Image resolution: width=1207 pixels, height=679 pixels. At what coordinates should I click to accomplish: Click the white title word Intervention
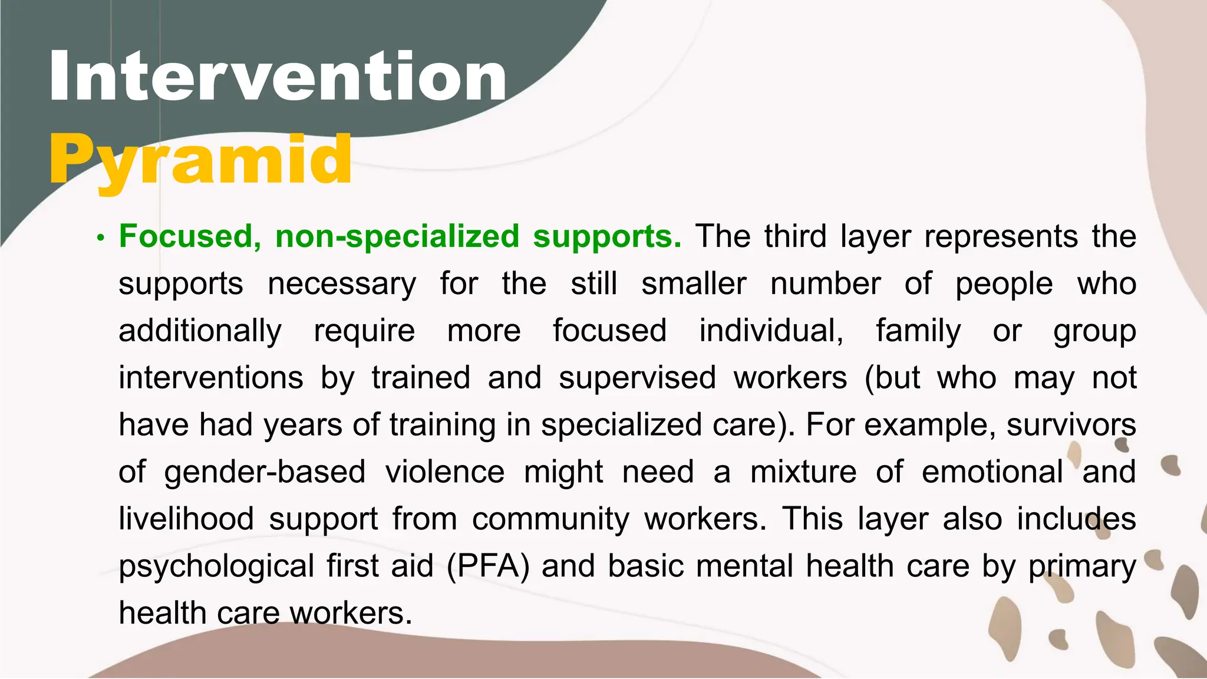pyautogui.click(x=278, y=77)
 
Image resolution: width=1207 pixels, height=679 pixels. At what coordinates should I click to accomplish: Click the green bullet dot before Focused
pyautogui.click(x=101, y=238)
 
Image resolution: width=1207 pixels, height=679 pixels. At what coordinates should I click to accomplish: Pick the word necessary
pyautogui.click(x=342, y=284)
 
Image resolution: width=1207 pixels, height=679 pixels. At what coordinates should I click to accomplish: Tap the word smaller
pyautogui.click(x=694, y=284)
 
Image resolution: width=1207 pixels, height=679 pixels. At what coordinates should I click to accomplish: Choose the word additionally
pyautogui.click(x=200, y=331)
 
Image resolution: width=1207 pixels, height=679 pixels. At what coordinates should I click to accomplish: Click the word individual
pyautogui.click(x=771, y=331)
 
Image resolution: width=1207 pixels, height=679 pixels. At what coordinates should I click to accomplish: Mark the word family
pyautogui.click(x=918, y=331)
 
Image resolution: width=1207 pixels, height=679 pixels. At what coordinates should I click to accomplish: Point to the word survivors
pyautogui.click(x=1071, y=424)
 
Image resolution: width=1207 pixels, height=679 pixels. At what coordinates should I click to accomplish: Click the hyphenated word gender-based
pyautogui.click(x=265, y=472)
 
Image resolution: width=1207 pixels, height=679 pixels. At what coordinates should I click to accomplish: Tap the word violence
pyautogui.click(x=445, y=472)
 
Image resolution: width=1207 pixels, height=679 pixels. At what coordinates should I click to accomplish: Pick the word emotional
pyautogui.click(x=992, y=472)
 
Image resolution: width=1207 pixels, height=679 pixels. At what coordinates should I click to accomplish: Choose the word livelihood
pyautogui.click(x=186, y=519)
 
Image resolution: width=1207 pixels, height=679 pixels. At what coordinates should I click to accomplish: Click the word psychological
pyautogui.click(x=216, y=566)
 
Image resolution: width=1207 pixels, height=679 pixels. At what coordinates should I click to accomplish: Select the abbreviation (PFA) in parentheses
pyautogui.click(x=489, y=566)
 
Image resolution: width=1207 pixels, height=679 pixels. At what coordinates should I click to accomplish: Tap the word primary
pyautogui.click(x=1082, y=566)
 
